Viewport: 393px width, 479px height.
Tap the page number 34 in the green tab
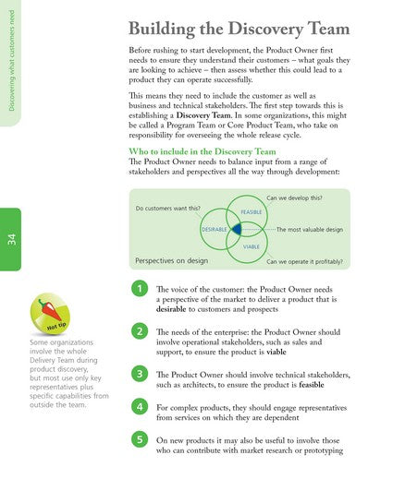(11, 238)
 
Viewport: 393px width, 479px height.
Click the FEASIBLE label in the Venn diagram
(252, 211)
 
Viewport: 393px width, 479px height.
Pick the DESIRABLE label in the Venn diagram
(215, 228)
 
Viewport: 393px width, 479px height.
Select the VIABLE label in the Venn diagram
(251, 247)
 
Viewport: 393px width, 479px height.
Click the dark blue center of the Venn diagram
(237, 228)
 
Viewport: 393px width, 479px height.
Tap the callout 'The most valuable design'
(309, 228)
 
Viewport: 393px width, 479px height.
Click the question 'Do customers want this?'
(170, 208)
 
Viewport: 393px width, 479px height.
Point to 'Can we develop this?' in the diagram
(294, 198)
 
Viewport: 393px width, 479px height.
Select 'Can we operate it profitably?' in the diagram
(304, 261)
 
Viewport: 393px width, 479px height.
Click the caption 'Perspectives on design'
(171, 260)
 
